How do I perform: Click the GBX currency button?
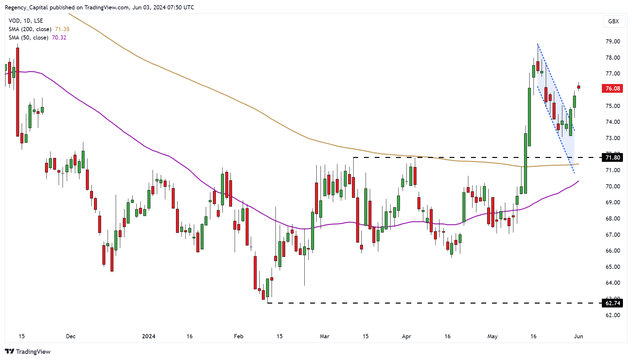tap(614, 21)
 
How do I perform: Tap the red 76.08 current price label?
tap(612, 89)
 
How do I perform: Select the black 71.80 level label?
tap(612, 158)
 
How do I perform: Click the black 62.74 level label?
tap(612, 303)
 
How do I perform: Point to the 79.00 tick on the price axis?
tap(613, 42)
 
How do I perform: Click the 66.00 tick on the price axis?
tap(613, 251)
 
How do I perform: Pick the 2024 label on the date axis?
tap(149, 336)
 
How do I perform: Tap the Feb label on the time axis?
tap(239, 336)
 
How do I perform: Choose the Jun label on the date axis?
tap(578, 336)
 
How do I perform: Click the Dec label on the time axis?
tap(71, 336)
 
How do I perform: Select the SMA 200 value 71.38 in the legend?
tap(62, 29)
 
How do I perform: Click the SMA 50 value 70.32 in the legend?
tap(59, 38)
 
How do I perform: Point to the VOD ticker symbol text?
tap(15, 21)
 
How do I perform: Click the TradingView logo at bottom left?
tap(28, 352)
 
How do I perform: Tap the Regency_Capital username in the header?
tap(26, 7)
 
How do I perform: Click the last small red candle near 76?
tap(579, 87)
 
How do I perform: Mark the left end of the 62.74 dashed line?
tap(268, 303)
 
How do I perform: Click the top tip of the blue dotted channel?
tap(538, 44)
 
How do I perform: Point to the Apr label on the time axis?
tap(406, 336)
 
